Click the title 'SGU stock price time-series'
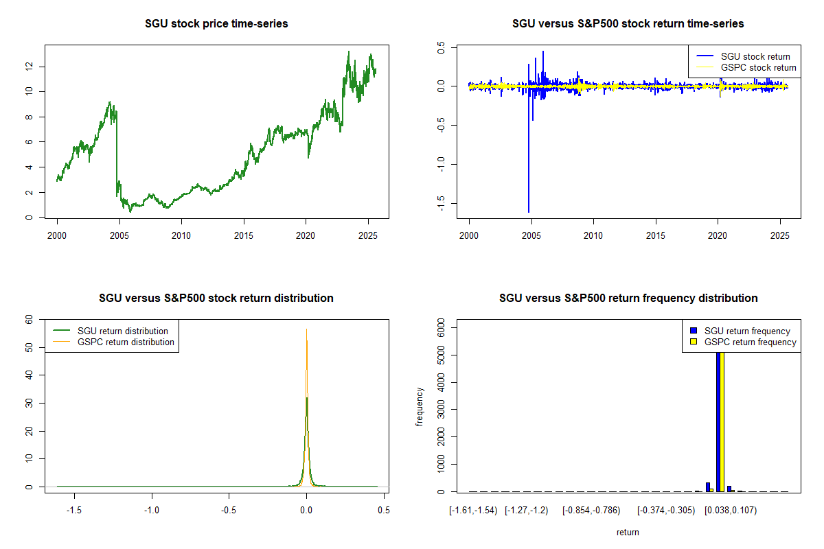[x=216, y=24]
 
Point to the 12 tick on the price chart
[x=30, y=67]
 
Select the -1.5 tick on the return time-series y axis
[x=442, y=202]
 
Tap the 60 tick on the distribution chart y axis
[x=30, y=319]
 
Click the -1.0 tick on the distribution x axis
[x=152, y=511]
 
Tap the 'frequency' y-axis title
[x=420, y=407]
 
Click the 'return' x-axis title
[x=628, y=532]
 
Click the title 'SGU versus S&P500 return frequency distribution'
[x=628, y=299]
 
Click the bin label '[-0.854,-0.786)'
[x=590, y=511]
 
